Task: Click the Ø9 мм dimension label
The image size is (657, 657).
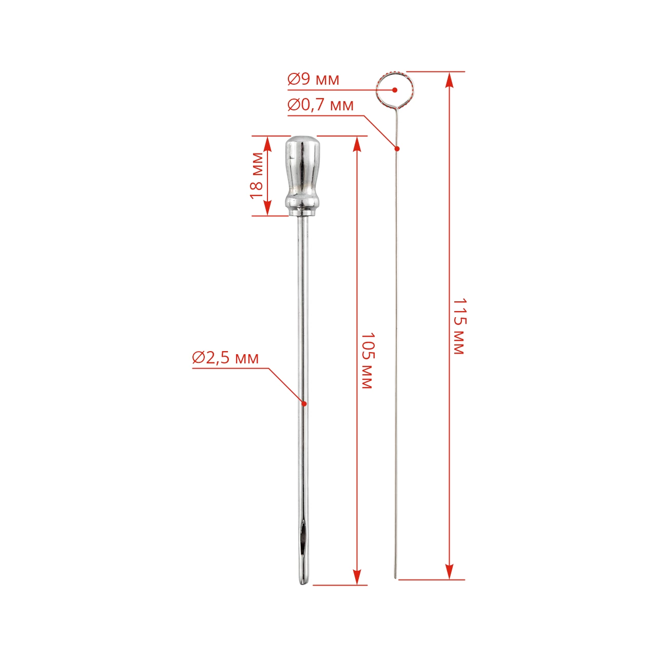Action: coord(313,79)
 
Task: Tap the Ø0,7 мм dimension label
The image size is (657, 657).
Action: coord(320,105)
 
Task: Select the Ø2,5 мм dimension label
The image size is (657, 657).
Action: coord(225,358)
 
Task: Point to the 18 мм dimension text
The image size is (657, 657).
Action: coord(257,176)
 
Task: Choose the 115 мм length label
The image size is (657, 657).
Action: coord(459,326)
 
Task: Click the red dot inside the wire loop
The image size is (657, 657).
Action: coord(395,90)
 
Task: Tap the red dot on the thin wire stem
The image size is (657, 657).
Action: coord(397,148)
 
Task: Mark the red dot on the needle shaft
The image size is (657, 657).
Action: coord(304,403)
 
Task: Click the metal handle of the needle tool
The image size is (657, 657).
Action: coord(303,176)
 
